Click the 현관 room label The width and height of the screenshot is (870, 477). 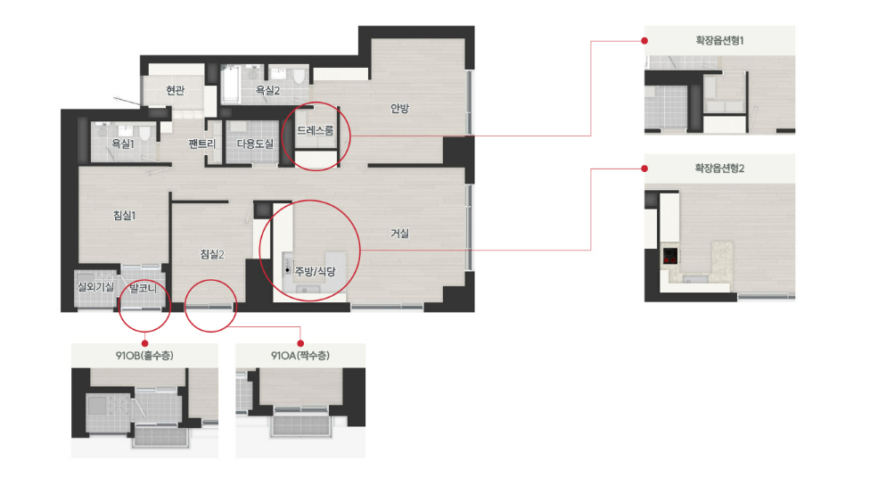pos(176,90)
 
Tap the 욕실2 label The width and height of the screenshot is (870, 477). pos(267,90)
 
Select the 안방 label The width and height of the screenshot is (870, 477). pos(399,108)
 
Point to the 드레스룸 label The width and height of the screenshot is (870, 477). pos(316,130)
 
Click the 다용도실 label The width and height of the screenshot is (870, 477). pos(255,144)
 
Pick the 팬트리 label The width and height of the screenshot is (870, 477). pos(202,144)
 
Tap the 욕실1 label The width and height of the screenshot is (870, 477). pos(123,144)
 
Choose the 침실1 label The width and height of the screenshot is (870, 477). pos(124,215)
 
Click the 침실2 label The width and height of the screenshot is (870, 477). pos(212,254)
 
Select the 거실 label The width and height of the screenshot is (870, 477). pos(399,234)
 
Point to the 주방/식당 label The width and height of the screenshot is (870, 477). pos(316,271)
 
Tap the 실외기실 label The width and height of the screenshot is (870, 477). pos(95,287)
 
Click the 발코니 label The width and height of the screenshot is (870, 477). pos(144,288)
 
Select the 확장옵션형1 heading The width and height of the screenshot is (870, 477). pos(719,40)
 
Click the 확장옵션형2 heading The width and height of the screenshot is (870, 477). pos(719,168)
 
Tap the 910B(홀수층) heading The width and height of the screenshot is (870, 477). pos(144,356)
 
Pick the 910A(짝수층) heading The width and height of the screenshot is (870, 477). pos(300,356)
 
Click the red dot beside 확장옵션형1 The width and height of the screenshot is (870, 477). pos(644,40)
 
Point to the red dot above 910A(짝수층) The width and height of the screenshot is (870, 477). pos(300,344)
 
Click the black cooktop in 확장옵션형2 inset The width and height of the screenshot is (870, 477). pos(670,256)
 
